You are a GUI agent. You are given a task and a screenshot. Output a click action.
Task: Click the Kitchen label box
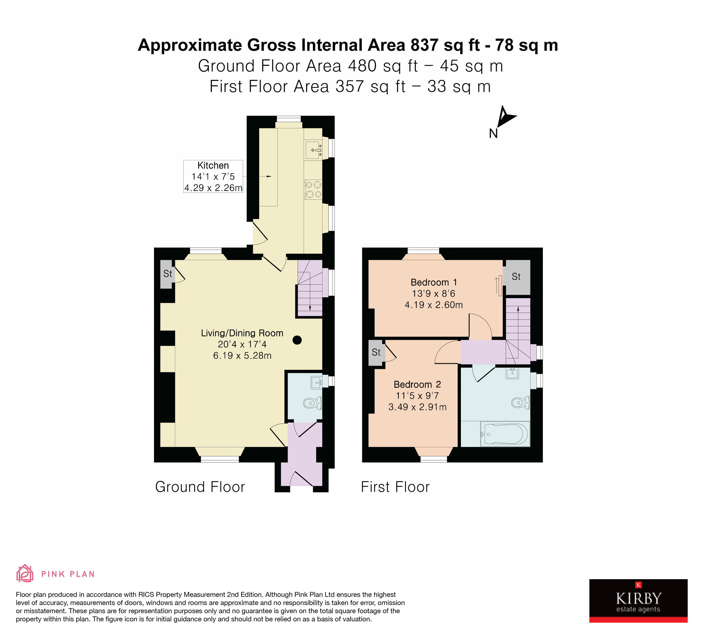213,176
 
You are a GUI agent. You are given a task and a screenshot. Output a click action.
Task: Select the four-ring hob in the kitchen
313,190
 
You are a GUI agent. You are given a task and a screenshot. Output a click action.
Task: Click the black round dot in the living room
297,340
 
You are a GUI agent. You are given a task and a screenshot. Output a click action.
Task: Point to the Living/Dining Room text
242,333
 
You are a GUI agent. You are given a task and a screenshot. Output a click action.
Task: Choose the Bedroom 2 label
417,384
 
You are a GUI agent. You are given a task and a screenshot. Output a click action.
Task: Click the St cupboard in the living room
167,274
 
